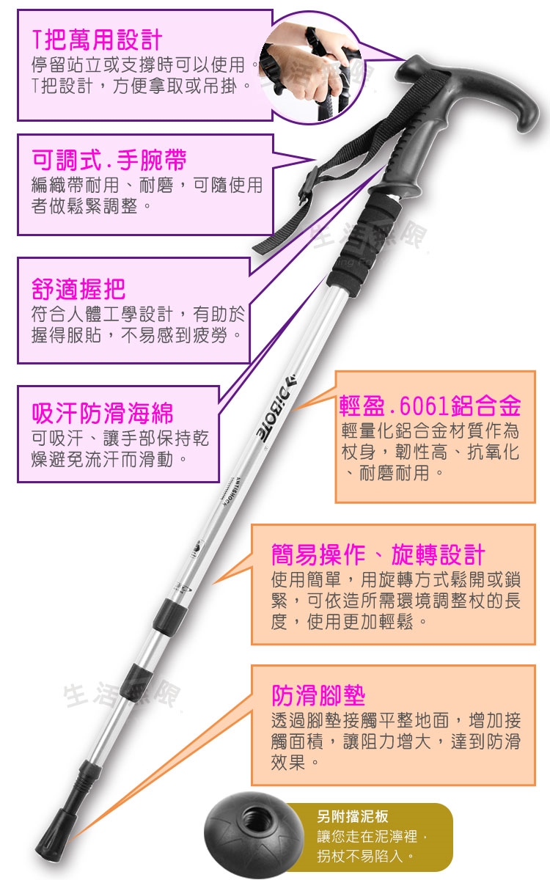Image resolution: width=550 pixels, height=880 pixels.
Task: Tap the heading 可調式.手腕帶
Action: coord(109,160)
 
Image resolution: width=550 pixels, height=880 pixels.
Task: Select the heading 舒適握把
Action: coord(78,289)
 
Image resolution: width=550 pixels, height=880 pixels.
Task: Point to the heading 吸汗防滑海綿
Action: coord(102,414)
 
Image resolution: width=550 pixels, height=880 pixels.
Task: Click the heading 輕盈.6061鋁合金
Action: coord(430,406)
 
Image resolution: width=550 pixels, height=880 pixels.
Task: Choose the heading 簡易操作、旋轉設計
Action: coord(378,554)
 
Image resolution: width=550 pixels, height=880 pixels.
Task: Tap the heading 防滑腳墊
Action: coord(318,695)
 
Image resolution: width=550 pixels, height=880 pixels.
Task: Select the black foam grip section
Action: coord(366,241)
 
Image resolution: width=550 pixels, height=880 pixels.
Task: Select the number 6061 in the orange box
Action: coord(425,406)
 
